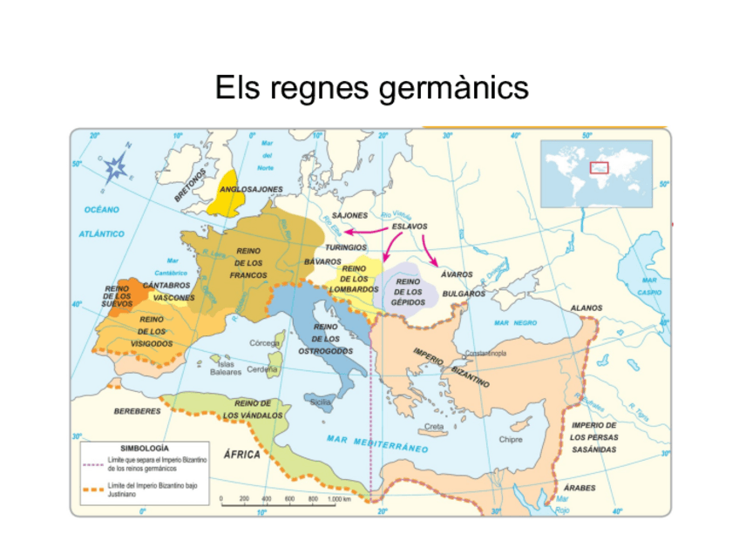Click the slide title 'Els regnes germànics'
[x=372, y=88]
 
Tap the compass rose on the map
[x=116, y=166]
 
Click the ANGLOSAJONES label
[x=251, y=189]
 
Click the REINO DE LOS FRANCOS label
[x=248, y=262]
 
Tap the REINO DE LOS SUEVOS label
[x=117, y=295]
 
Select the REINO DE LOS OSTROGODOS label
[x=325, y=339]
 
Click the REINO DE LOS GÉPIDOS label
[x=408, y=291]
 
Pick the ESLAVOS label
[x=409, y=226]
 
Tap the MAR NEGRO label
[x=515, y=322]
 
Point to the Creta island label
[x=433, y=427]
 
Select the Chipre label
[x=510, y=439]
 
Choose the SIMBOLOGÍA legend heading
[x=144, y=448]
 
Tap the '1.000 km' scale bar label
[x=340, y=499]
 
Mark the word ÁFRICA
[x=242, y=454]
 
